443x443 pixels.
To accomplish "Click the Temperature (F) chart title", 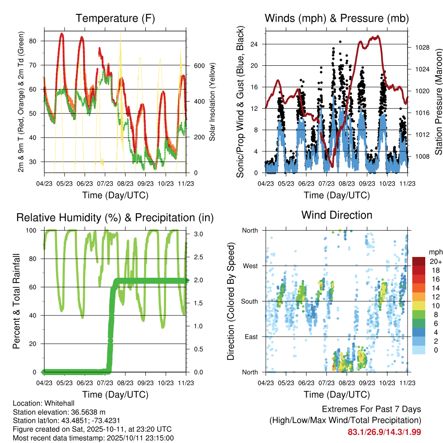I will (115, 19).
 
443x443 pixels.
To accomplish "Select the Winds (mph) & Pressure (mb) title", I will (337, 19).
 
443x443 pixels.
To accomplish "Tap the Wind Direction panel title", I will (337, 215).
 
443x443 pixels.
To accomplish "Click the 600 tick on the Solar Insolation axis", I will (199, 66).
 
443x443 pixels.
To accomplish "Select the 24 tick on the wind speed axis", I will (254, 44).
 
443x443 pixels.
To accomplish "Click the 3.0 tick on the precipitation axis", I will (197, 234).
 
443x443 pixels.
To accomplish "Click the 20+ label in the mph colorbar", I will (435, 262).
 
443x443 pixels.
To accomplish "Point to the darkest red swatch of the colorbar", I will (418, 262).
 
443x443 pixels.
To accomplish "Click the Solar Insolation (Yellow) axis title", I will (212, 102).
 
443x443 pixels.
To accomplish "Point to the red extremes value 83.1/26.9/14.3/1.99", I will (384, 432).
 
